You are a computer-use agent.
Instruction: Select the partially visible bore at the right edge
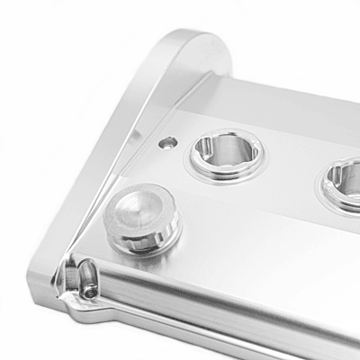point(346,184)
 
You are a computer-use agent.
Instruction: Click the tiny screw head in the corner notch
point(90,290)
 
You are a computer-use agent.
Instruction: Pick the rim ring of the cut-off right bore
point(326,194)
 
